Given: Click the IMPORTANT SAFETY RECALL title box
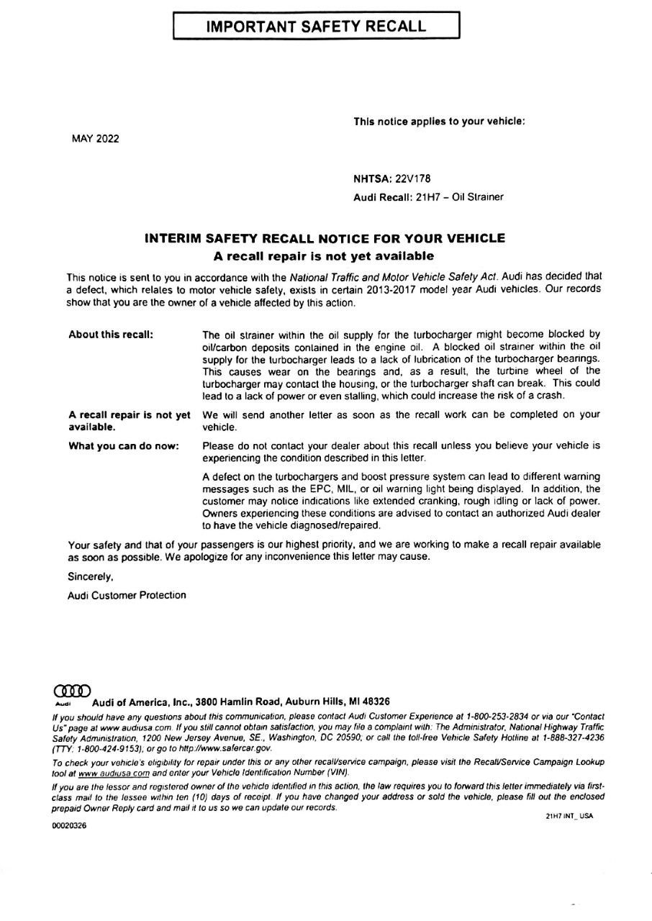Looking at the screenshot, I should pyautogui.click(x=316, y=27).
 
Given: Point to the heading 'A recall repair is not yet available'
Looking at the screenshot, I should pyautogui.click(x=324, y=255).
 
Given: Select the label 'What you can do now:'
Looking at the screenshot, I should pyautogui.click(x=123, y=446).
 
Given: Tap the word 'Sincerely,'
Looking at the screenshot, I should pyautogui.click(x=91, y=576).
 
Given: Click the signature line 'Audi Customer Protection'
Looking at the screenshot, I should pyautogui.click(x=127, y=595).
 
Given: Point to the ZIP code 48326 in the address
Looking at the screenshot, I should pyautogui.click(x=374, y=702).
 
